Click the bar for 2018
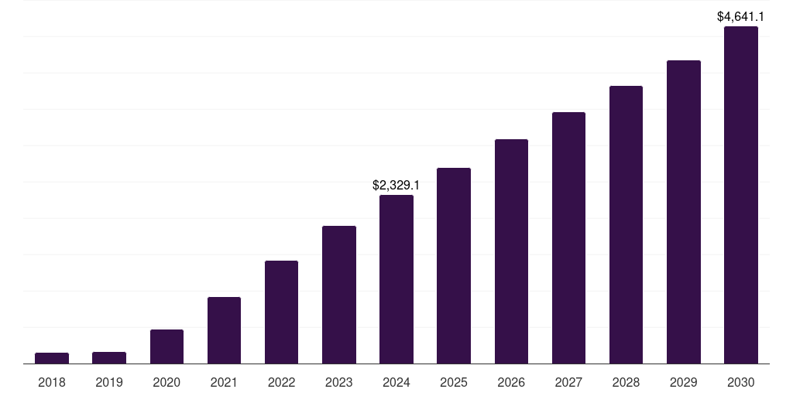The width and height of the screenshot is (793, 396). pos(52,358)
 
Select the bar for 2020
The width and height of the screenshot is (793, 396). pos(166,346)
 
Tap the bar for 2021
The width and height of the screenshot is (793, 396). pos(224,330)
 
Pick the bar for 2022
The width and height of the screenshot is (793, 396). pos(281,312)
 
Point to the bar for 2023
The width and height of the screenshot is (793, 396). pos(338,295)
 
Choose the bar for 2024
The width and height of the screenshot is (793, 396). pos(396,279)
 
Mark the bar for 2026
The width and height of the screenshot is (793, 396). pos(511,251)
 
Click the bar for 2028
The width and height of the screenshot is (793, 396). pos(626,224)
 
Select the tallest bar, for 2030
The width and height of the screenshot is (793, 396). pos(740,195)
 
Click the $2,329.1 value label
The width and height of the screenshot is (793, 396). pos(396,186)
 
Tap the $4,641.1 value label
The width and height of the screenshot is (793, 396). pos(740,15)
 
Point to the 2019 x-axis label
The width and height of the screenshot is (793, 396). pos(109,382)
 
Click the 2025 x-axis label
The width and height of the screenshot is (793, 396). pos(454,382)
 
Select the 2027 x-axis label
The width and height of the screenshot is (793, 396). pos(568,382)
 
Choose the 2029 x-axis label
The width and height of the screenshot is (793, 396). pos(683,382)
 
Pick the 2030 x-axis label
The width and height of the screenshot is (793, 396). pos(740,382)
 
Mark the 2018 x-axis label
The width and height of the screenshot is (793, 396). pos(52,382)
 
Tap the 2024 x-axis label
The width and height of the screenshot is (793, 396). pos(396,382)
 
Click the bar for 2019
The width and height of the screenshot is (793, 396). pos(109,357)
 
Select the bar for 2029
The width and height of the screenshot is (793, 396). pos(683,212)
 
